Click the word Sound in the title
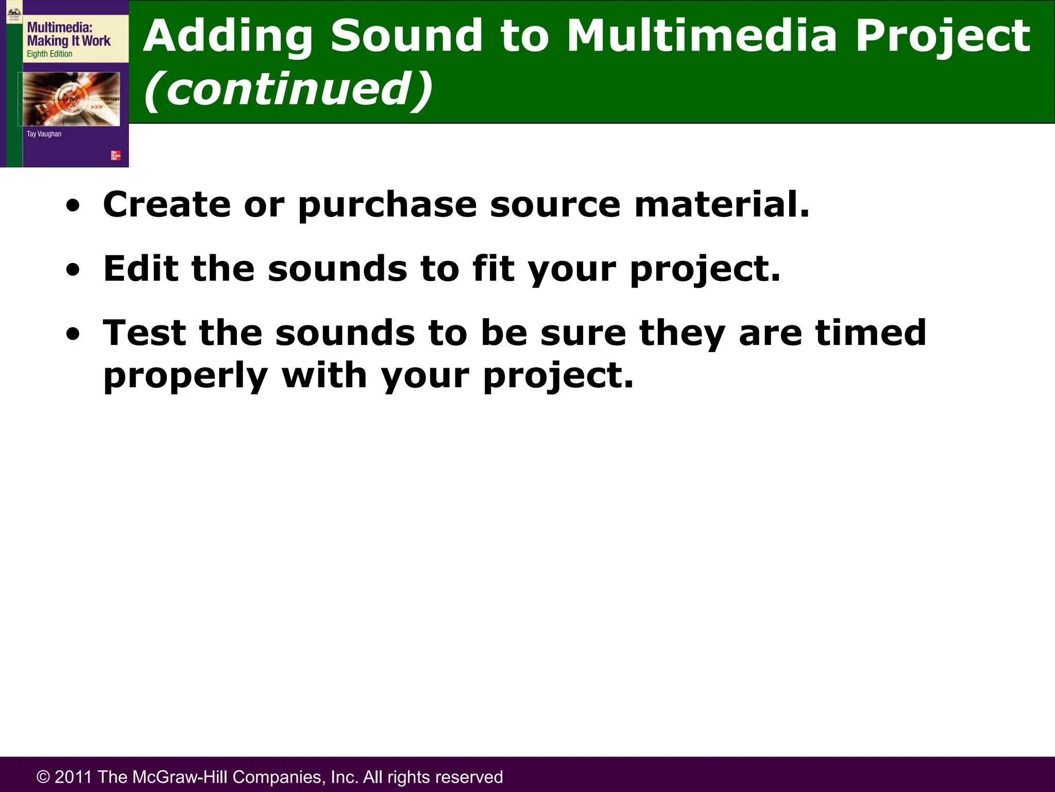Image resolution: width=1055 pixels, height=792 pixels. [406, 36]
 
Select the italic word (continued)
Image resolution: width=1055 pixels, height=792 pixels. [288, 89]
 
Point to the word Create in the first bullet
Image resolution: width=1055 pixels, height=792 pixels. [166, 204]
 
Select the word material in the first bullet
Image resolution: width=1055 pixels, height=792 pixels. [721, 204]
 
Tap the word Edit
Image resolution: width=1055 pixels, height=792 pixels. [141, 269]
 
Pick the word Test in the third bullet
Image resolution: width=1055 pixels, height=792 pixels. [144, 333]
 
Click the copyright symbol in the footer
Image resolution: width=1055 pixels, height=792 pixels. [43, 777]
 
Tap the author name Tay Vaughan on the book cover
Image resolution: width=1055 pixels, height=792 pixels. [44, 134]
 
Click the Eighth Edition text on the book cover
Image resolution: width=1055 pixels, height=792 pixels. [49, 54]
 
